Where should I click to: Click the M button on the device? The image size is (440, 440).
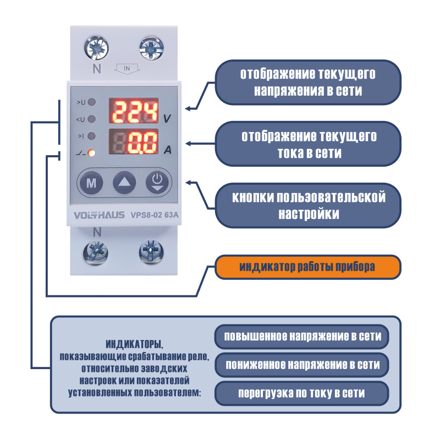coord(91,183)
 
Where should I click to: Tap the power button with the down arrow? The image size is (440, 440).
coord(157,183)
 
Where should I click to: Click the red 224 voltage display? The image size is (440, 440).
coord(134,111)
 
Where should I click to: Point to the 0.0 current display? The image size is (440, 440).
coord(134,142)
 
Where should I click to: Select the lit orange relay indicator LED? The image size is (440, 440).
coord(91,153)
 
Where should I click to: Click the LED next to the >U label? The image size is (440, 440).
coord(91,102)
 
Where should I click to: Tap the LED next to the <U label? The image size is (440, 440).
coord(91,119)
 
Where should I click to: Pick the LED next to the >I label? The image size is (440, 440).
coord(91,136)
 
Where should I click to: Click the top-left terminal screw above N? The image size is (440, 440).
coord(96,48)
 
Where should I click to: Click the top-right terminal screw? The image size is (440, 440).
coord(152,48)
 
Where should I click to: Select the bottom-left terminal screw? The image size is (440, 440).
coord(96,252)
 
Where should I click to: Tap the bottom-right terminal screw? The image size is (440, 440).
coord(151,252)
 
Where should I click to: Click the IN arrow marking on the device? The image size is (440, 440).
coord(127,69)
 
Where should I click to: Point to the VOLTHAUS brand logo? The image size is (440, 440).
coord(99,215)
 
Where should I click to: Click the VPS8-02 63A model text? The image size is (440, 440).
coord(155,215)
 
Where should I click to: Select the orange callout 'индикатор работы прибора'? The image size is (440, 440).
coord(308,267)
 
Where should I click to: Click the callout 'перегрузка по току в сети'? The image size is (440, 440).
coord(301,393)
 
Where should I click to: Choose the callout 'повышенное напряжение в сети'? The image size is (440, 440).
coord(301,337)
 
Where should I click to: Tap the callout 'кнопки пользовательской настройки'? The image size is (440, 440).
coord(308,205)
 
